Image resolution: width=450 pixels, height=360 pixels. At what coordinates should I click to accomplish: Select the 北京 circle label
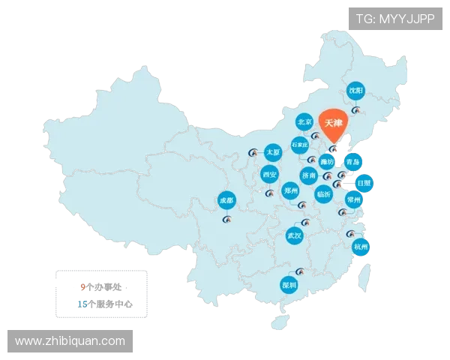pos(304,121)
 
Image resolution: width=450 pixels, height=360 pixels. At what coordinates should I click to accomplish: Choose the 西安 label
pos(269,175)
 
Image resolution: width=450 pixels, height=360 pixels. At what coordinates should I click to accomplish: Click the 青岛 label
pos(353,161)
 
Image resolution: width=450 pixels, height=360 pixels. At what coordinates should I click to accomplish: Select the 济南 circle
pos(309,175)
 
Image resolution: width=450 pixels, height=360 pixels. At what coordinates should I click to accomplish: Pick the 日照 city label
pos(363,181)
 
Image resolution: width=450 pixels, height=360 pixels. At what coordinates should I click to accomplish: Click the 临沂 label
pos(323,193)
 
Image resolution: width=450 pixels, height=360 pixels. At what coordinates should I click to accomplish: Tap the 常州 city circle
pos(353,199)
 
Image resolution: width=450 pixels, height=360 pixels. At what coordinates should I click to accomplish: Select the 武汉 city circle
pos(295,235)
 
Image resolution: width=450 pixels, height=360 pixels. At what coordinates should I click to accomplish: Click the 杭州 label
pos(361,246)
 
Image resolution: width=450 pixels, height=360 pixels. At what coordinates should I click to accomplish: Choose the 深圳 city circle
pos(289,285)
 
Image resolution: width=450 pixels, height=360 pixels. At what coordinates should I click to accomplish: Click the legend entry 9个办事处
pos(106,286)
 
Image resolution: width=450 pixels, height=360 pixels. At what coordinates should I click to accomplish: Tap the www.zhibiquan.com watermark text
pos(70,341)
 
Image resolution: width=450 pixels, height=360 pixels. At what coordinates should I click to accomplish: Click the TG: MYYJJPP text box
pos(394,19)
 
